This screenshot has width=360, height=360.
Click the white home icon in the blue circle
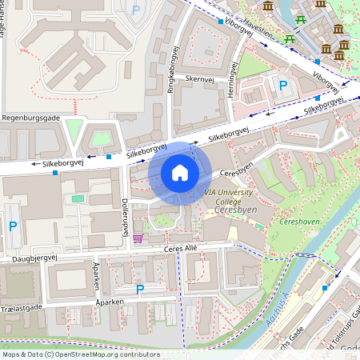click(x=180, y=172)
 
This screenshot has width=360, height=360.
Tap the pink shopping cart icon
click(x=138, y=237)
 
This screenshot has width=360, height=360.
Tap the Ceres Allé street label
click(x=179, y=250)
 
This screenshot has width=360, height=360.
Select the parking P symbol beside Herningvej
click(x=282, y=85)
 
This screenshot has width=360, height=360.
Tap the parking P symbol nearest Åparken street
click(x=140, y=289)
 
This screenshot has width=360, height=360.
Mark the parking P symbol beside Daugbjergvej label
click(x=12, y=227)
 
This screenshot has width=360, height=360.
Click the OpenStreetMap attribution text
click(x=80, y=354)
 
